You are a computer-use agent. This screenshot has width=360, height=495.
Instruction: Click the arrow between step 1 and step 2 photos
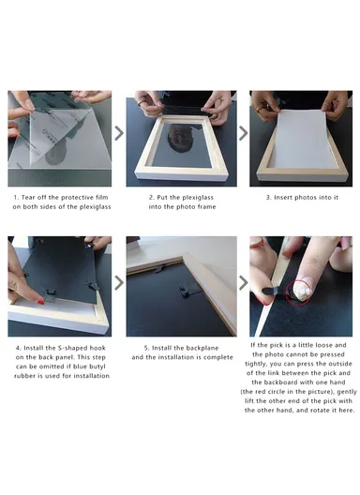[119, 133]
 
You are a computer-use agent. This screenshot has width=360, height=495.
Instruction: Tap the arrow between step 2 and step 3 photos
[243, 133]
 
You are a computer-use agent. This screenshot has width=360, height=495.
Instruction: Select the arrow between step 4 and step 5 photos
[119, 281]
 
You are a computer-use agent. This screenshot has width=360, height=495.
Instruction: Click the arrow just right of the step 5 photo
[243, 281]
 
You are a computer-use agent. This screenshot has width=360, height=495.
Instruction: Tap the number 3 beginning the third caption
[267, 198]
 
